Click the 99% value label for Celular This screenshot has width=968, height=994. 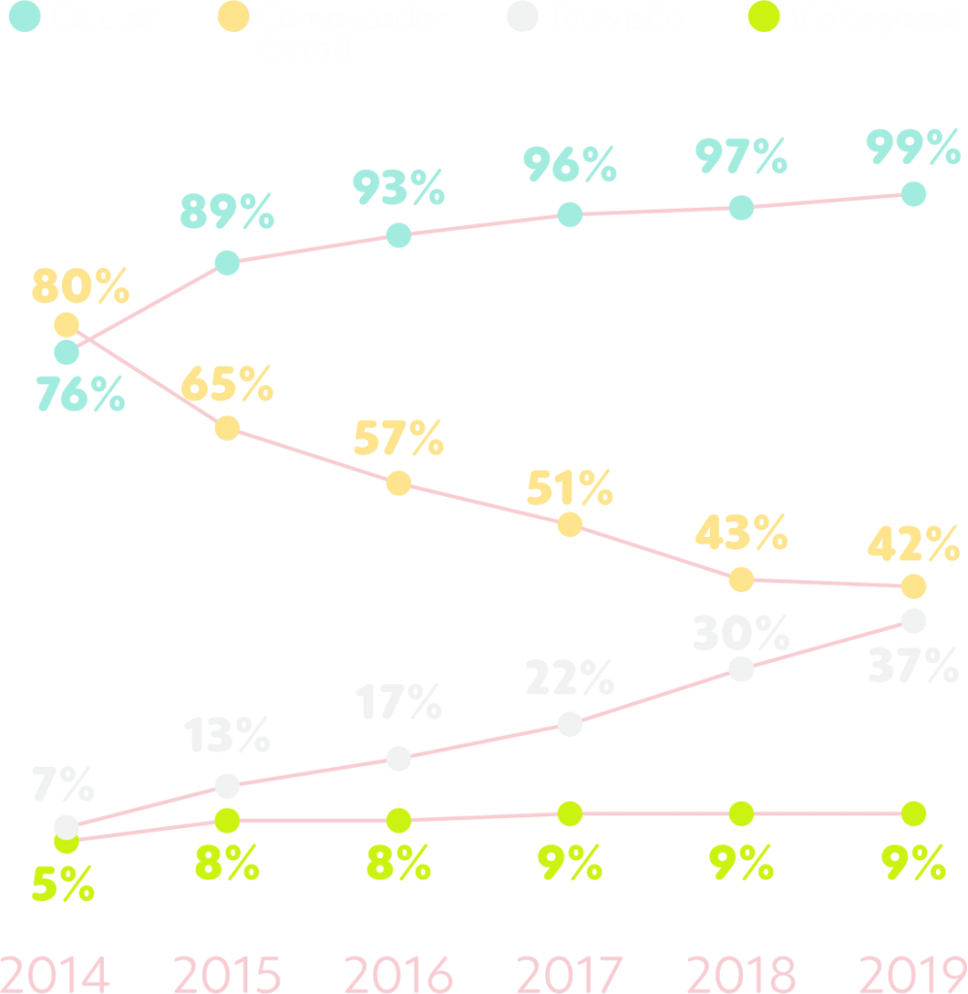point(912,149)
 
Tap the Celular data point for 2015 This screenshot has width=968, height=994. point(226,262)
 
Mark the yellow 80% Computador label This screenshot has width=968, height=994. point(81,286)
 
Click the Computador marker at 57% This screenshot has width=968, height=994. point(398,483)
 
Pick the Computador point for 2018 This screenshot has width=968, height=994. point(741,580)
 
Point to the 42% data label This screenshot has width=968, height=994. point(912,545)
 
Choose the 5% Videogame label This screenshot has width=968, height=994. point(63,885)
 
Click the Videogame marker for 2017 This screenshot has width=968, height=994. point(569,813)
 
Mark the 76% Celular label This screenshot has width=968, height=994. point(81,395)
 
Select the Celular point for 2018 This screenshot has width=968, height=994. point(741,208)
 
